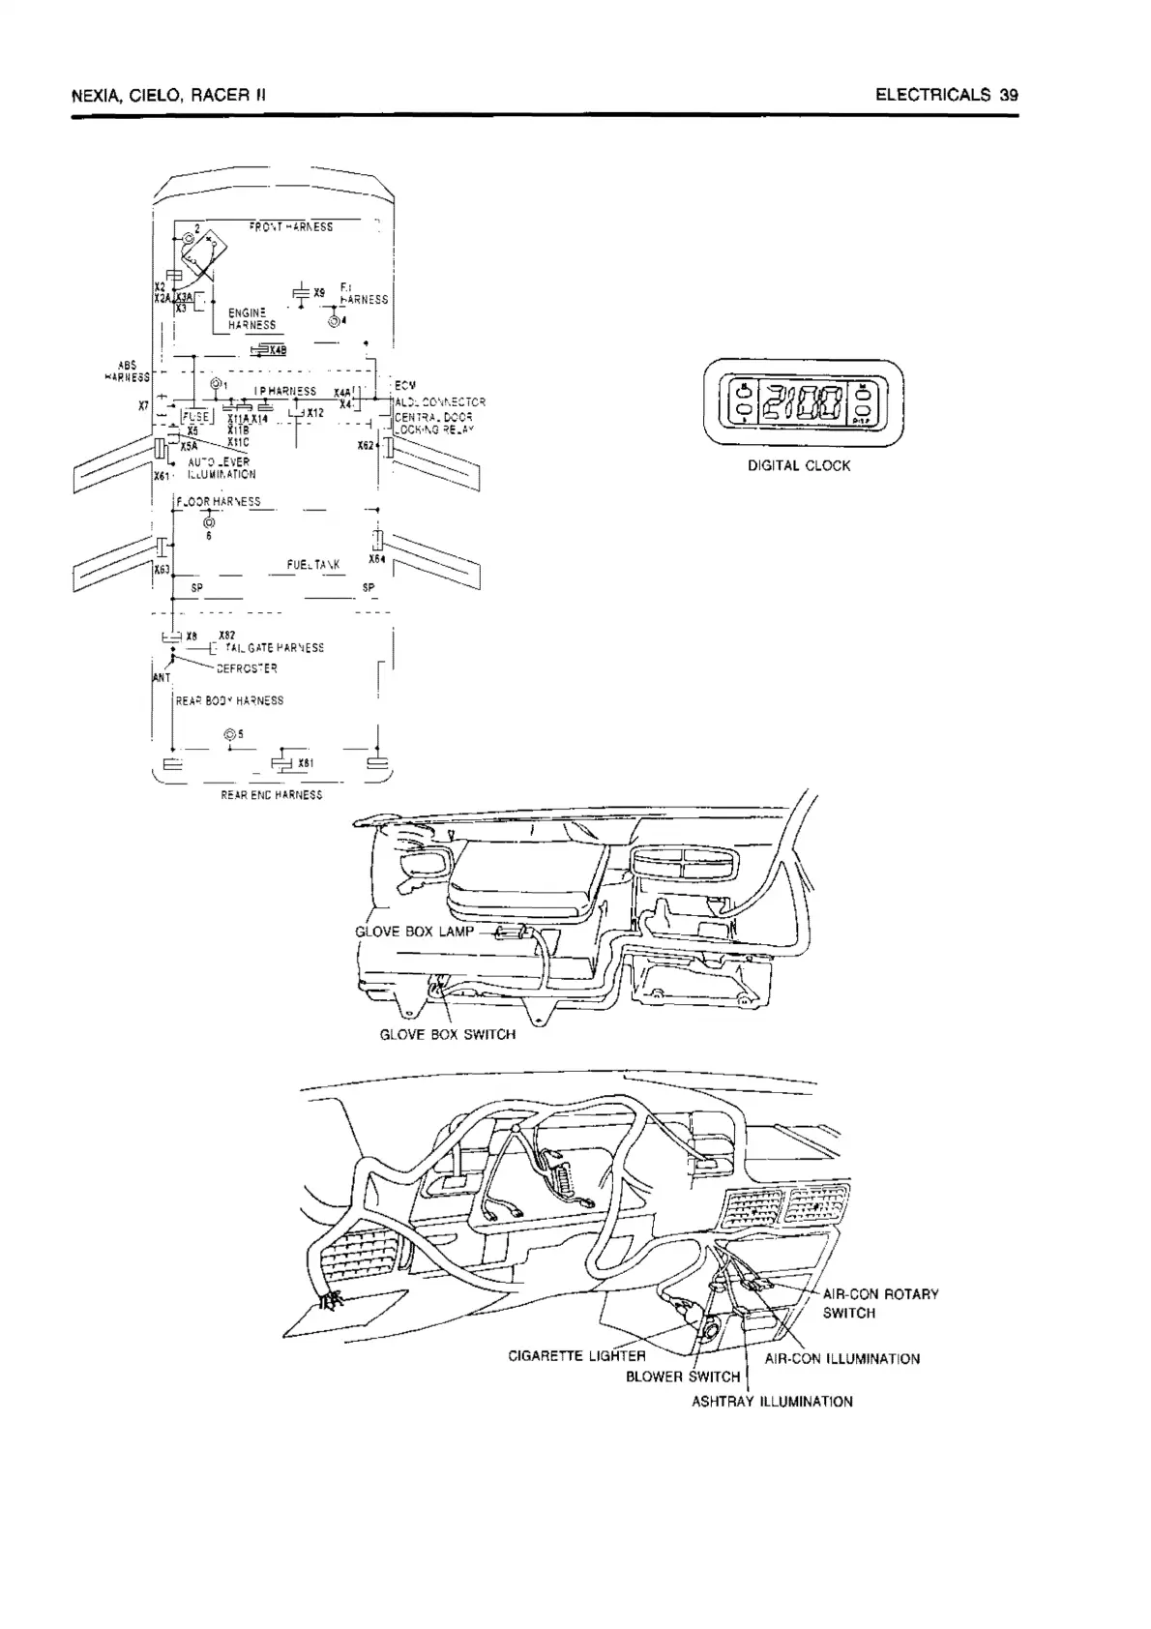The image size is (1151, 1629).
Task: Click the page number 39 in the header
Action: (x=1009, y=95)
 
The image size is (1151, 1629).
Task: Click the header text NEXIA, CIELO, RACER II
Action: (x=168, y=96)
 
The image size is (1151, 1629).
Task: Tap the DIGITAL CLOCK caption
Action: (x=799, y=465)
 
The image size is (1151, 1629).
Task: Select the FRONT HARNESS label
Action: (x=290, y=227)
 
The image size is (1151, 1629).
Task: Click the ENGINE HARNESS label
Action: (x=251, y=319)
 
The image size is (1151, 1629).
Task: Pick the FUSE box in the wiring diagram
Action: (x=195, y=416)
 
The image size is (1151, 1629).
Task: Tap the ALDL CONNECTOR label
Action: (x=441, y=402)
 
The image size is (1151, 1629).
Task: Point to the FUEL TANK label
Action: (x=312, y=565)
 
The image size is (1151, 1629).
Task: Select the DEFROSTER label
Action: (x=247, y=668)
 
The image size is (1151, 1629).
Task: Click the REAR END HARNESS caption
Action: (x=272, y=795)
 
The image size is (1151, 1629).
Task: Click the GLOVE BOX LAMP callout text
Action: (x=415, y=932)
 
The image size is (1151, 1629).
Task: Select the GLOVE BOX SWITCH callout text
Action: (x=447, y=1034)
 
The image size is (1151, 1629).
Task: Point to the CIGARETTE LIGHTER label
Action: (x=576, y=1355)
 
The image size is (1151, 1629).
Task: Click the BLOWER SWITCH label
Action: (x=683, y=1377)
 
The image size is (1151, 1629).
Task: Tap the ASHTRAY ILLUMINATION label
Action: (x=772, y=1401)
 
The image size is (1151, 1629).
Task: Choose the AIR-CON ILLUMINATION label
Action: (x=841, y=1359)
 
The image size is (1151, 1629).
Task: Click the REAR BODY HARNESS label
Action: (x=229, y=700)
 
